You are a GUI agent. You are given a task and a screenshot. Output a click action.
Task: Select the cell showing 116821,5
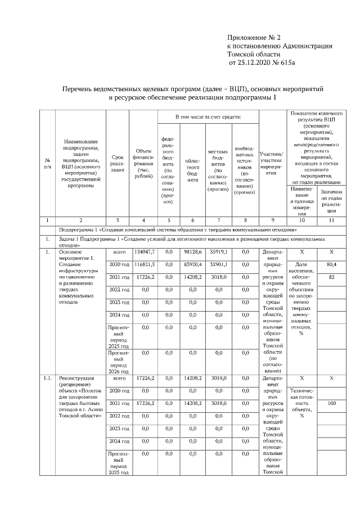(x=145, y=264)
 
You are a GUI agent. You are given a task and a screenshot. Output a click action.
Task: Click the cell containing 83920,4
(x=192, y=264)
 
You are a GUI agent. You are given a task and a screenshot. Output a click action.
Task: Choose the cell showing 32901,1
(x=217, y=264)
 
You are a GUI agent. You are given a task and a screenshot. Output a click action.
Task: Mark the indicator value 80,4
(x=331, y=264)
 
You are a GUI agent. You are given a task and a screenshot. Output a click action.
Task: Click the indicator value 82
(x=331, y=277)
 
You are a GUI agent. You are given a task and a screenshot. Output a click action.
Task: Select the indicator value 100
(x=331, y=403)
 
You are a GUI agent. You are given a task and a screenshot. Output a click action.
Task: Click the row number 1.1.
(x=48, y=379)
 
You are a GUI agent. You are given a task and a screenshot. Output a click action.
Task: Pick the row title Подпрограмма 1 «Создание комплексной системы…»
(x=178, y=230)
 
